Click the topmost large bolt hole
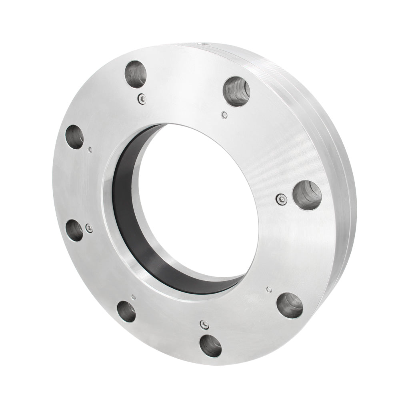click(136, 74)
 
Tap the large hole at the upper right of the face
click(236, 91)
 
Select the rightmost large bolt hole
click(307, 195)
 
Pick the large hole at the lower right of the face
click(290, 305)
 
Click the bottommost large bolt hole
click(210, 346)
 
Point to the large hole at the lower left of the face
click(126, 312)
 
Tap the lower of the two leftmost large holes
click(74, 230)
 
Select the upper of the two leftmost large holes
click(75, 137)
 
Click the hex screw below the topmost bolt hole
click(142, 98)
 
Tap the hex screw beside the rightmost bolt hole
click(282, 199)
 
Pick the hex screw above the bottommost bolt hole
click(204, 324)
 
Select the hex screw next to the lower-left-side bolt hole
click(89, 228)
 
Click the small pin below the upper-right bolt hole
click(225, 115)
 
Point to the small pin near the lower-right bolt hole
click(269, 289)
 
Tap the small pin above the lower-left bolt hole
click(133, 297)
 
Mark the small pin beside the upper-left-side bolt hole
click(90, 150)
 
